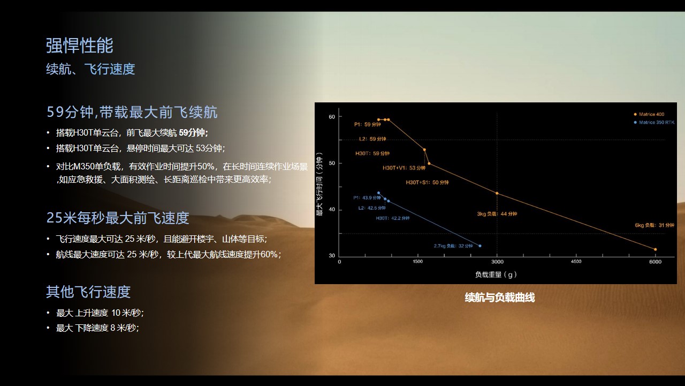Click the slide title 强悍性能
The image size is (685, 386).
coord(79,46)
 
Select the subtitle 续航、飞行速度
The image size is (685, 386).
coord(90,69)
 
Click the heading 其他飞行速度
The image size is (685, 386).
coord(88,292)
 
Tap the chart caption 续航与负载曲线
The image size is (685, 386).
coord(500,298)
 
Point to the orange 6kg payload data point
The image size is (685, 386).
coord(655,249)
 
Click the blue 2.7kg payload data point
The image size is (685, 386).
coord(479,246)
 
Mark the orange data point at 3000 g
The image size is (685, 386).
coord(497,193)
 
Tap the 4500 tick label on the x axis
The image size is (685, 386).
coord(576,262)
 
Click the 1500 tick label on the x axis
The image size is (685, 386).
coord(418,262)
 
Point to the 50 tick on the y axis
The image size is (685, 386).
coord(332,163)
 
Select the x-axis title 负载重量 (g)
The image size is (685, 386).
coord(496,274)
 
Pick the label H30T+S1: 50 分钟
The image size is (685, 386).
coord(427,182)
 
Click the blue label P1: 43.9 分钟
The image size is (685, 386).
coord(367,198)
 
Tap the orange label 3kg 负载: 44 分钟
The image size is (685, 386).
coord(497,214)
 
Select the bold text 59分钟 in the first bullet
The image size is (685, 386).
coord(193,132)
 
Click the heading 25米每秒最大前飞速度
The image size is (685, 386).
coord(118,218)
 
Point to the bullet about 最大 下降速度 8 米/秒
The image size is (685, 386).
coord(97,328)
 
